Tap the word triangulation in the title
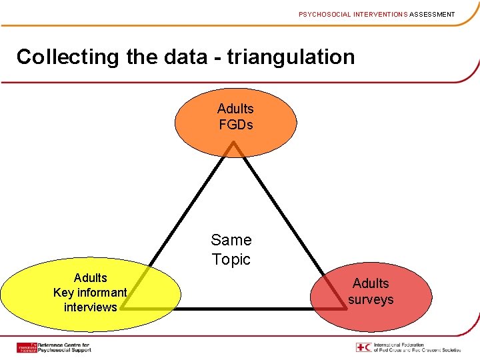point(291,57)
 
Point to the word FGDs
point(236,125)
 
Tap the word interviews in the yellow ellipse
point(90,307)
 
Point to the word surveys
point(371,300)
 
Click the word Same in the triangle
point(231,240)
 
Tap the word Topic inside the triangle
point(231,259)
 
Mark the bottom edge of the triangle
point(233,309)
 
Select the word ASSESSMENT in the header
point(432,14)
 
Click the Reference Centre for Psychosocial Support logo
point(54,347)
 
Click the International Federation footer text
point(417,347)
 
